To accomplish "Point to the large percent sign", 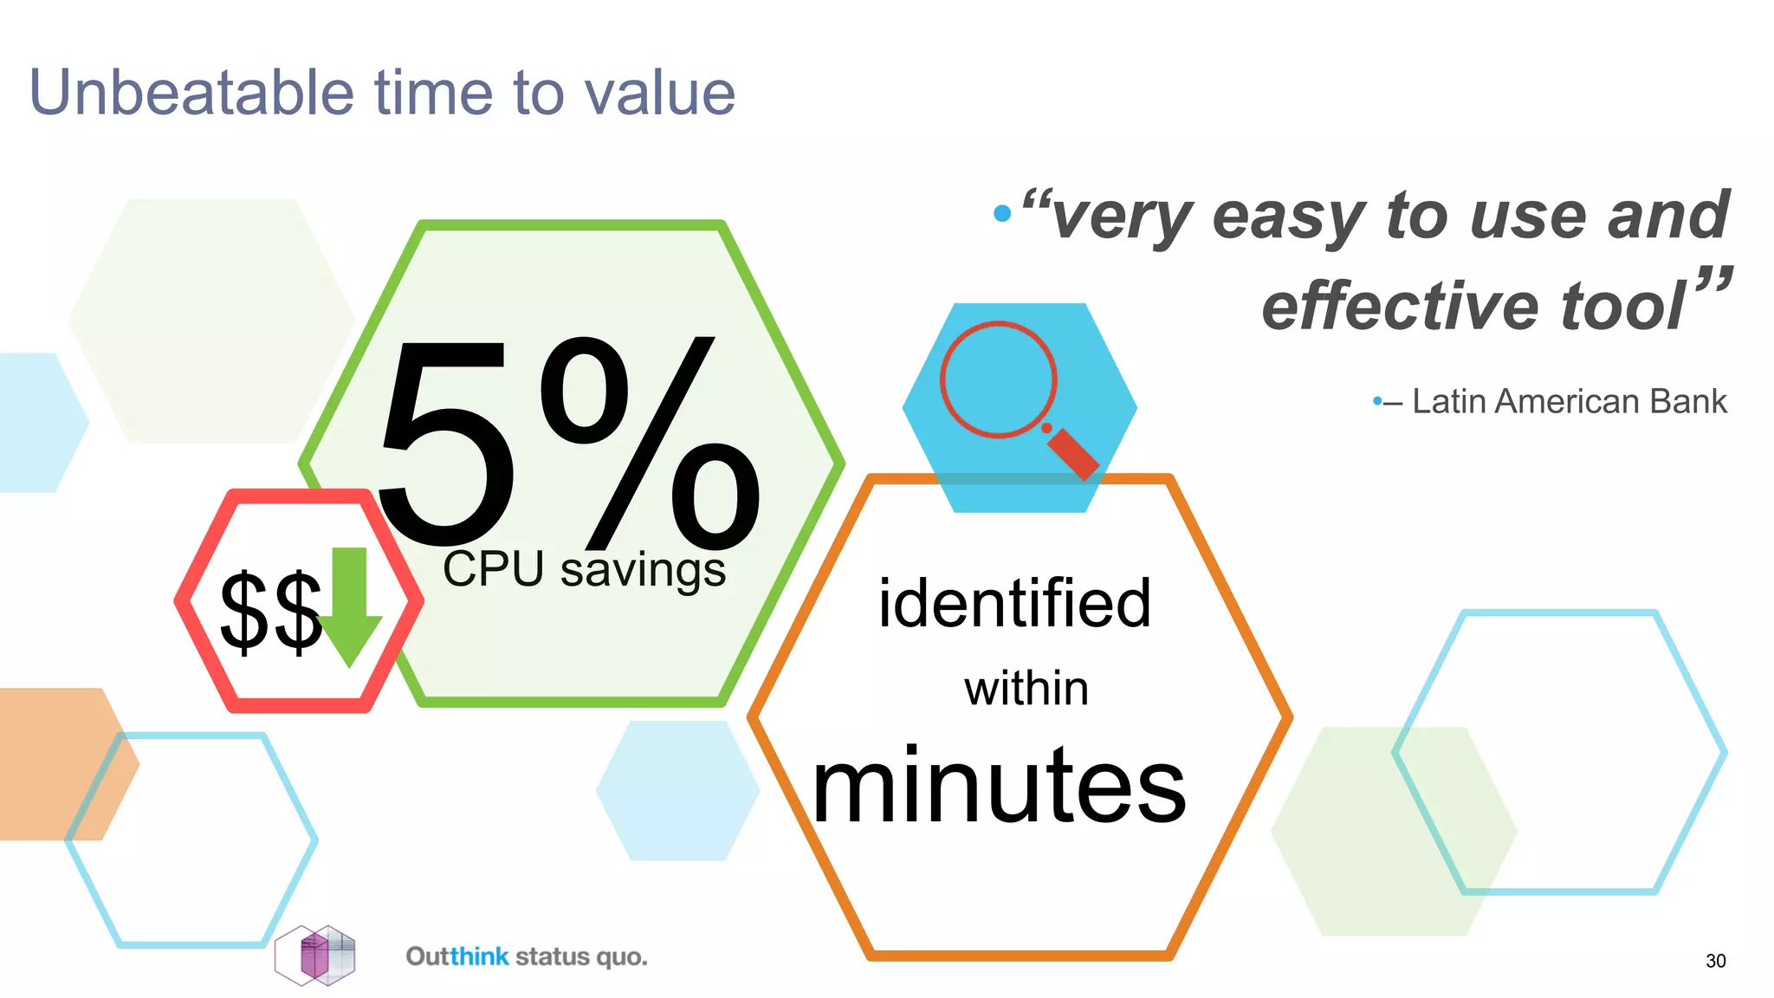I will [650, 442].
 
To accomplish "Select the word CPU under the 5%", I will [493, 570].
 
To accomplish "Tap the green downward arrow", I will [350, 606].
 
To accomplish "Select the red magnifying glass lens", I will [998, 379].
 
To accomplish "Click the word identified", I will [1014, 604].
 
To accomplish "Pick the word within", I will [1026, 690].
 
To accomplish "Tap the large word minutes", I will [999, 787].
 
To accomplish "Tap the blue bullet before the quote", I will [1002, 213].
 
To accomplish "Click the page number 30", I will [1715, 961].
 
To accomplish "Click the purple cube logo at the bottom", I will [315, 956].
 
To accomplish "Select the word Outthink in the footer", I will [457, 956].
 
